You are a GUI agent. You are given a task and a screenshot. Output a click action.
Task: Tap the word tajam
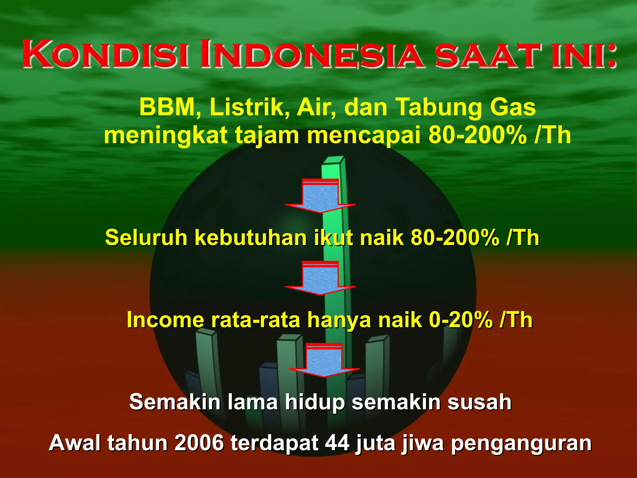(x=267, y=136)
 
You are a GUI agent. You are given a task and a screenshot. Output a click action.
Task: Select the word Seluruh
(x=146, y=238)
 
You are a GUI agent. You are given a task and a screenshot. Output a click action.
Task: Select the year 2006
(x=199, y=443)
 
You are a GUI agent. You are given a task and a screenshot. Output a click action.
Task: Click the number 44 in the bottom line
(x=337, y=443)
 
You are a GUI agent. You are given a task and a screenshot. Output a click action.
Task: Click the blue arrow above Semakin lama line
(x=324, y=360)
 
